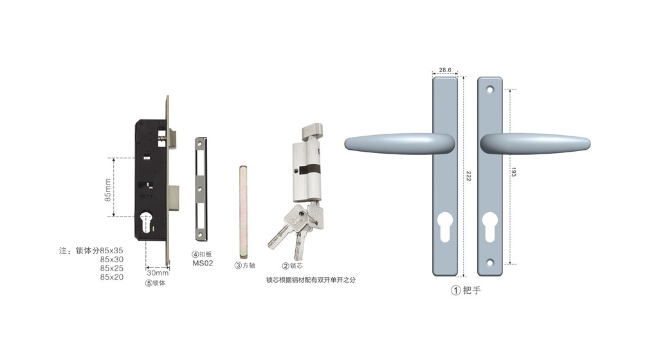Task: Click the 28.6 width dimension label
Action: click(x=444, y=70)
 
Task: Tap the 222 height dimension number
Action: click(x=469, y=176)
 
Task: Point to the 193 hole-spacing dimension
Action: click(x=514, y=172)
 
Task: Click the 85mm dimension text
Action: click(x=108, y=190)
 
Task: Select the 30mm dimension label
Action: click(x=158, y=273)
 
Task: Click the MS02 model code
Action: click(x=203, y=263)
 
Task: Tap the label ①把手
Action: click(x=466, y=290)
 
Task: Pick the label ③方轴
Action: click(x=245, y=265)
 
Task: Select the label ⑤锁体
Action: click(x=155, y=283)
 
